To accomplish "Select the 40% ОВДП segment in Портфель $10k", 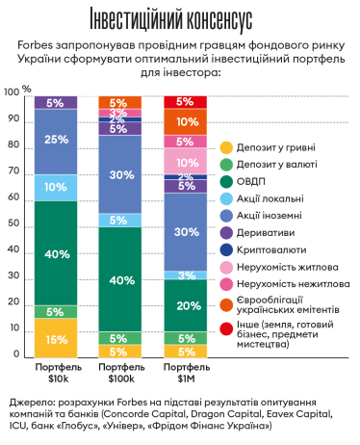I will point(56,253).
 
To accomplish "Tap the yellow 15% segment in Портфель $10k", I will point(56,338).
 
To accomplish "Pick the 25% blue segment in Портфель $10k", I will point(56,141).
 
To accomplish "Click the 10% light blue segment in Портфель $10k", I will point(56,187).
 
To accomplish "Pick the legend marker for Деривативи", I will point(227,231).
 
